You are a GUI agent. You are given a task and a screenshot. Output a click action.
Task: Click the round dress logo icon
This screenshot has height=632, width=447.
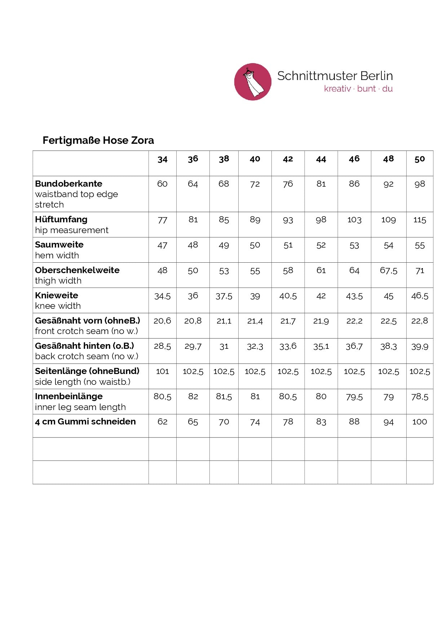pos(252,82)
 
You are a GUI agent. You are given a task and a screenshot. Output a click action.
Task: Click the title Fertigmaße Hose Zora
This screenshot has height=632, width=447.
pos(98,140)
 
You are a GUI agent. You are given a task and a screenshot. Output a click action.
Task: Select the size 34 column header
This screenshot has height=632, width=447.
pos(162,159)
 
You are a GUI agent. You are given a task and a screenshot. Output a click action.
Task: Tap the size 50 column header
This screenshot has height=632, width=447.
pos(420,159)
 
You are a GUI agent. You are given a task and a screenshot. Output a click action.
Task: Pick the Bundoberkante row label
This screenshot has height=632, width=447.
pos(68,183)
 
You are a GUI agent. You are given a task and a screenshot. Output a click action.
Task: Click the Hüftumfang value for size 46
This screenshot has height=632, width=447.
pos(354,220)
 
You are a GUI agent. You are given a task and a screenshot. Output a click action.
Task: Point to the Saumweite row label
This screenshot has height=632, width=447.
pos(59,245)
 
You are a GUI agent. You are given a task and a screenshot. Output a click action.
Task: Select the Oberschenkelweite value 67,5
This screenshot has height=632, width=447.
pos(388,271)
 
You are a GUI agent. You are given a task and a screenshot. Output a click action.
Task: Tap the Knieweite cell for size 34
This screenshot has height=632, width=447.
pos(162,296)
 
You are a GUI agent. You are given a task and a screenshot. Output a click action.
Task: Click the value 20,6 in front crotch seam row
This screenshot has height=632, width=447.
pos(162,321)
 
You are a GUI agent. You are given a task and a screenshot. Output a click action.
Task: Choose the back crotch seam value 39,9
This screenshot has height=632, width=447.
pos(420,347)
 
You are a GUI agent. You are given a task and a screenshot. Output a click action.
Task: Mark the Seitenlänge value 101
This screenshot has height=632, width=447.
pos(162,371)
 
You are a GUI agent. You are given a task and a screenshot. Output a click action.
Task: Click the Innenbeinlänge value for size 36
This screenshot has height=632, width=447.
pos(193,397)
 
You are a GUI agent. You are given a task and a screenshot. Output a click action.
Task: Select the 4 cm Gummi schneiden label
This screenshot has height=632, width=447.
pos(85,422)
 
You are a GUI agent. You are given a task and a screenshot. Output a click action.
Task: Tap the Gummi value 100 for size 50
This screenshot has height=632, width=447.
pos(420,422)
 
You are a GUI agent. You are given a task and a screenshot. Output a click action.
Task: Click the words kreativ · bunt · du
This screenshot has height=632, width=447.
pos(358,89)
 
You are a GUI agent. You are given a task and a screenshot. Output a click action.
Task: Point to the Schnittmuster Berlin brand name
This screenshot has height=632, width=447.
pos(335,76)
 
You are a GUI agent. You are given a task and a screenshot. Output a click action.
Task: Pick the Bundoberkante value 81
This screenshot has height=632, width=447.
pos(321,184)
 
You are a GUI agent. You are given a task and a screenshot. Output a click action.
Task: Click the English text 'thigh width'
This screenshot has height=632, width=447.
pos(58,281)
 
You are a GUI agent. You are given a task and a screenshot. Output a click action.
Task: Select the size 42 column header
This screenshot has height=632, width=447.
pos(288,159)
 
